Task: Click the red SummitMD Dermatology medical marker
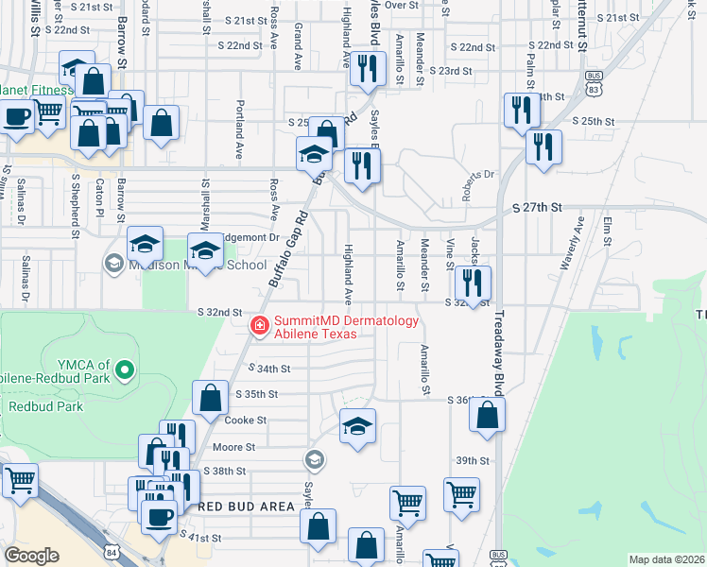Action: [x=258, y=325]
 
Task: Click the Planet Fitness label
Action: [x=36, y=91]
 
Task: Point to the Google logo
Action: [x=32, y=556]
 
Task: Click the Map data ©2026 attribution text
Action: [x=665, y=559]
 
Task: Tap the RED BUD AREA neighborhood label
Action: [x=250, y=507]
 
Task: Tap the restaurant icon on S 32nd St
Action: [x=473, y=281]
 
